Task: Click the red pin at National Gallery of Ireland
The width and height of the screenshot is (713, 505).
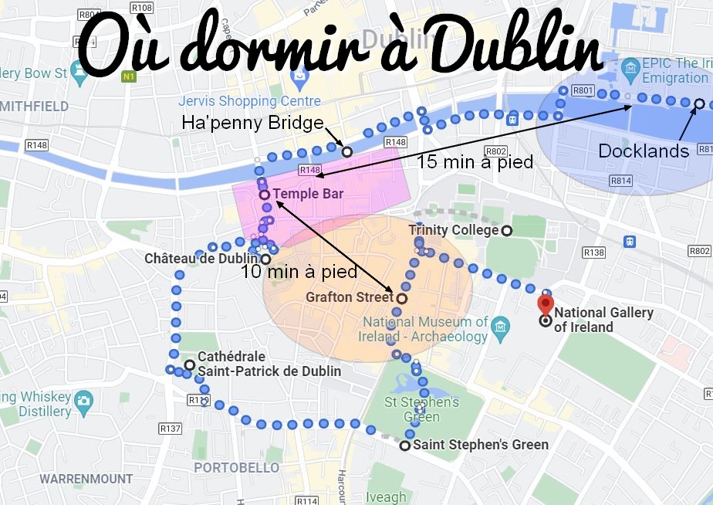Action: click(546, 304)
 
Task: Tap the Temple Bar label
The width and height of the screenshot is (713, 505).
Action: click(307, 194)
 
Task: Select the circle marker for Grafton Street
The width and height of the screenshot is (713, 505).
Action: click(401, 297)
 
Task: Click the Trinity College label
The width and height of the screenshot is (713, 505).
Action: click(453, 230)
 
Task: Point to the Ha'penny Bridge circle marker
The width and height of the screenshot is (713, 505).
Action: click(346, 152)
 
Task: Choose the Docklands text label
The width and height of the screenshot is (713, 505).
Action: click(644, 151)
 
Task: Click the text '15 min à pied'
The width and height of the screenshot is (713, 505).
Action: click(475, 161)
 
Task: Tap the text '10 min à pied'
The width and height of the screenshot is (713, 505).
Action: click(299, 271)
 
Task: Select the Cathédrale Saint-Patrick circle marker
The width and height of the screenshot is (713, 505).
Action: click(189, 364)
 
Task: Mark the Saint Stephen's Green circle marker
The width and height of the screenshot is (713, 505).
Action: click(405, 446)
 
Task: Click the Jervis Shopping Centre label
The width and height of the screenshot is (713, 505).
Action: click(249, 101)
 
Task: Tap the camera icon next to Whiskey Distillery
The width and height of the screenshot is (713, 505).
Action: click(83, 400)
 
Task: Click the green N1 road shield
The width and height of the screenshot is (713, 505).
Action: click(130, 76)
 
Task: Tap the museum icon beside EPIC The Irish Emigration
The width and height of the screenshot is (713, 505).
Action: click(631, 70)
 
